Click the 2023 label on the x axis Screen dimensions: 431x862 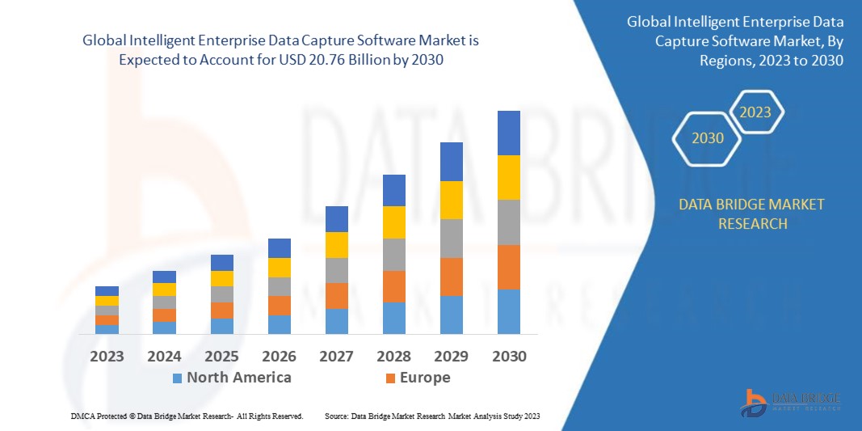(107, 356)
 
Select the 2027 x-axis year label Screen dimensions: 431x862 (337, 356)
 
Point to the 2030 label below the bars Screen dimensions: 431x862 (509, 356)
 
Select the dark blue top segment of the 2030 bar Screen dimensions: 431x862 (509, 133)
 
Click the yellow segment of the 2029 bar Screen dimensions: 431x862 (452, 200)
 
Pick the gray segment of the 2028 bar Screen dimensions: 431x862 (394, 254)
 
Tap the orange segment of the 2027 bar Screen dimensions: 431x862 (337, 295)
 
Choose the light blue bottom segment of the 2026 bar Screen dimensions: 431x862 (280, 324)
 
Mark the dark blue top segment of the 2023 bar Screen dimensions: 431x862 (107, 291)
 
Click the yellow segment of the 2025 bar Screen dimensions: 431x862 (222, 278)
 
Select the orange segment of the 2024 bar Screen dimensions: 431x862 (164, 315)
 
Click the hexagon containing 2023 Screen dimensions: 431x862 (756, 112)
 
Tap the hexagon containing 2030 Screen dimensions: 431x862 (708, 138)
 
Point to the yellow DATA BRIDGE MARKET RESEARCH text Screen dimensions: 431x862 (752, 213)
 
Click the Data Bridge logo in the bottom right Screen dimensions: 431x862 (791, 401)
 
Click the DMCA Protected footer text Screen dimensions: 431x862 (186, 416)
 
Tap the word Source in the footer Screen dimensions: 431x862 (336, 416)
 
